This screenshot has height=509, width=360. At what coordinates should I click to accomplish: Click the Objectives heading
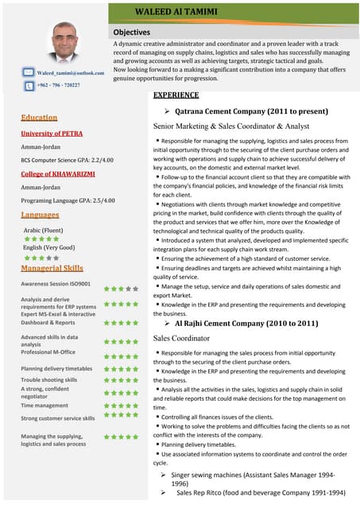pyautogui.click(x=132, y=32)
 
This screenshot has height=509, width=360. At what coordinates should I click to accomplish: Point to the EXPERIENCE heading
pyautogui.click(x=176, y=95)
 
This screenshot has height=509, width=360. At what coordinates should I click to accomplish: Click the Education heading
pyautogui.click(x=39, y=118)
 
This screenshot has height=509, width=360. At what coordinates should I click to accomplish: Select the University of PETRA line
pyautogui.click(x=52, y=134)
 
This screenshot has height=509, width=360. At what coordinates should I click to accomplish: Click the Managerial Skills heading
pyautogui.click(x=52, y=269)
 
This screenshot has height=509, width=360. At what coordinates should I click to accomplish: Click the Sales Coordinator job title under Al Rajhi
pyautogui.click(x=184, y=339)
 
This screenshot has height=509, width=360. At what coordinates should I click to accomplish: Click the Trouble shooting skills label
pyautogui.click(x=49, y=380)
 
